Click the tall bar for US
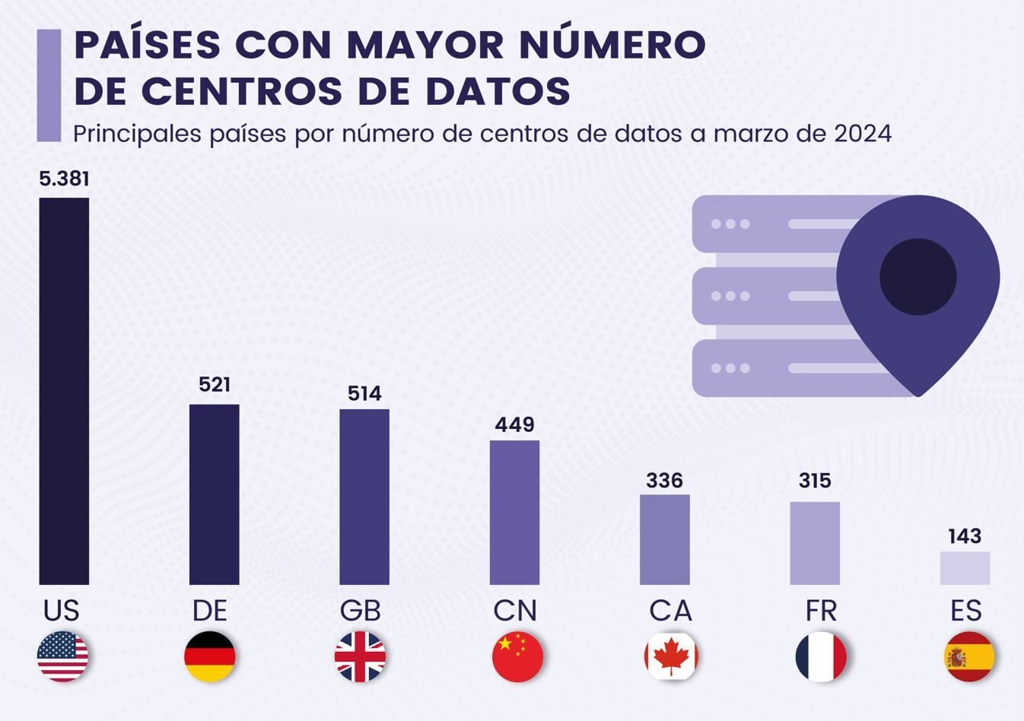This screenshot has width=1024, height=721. pos(64,391)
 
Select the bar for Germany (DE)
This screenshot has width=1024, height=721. pos(214,494)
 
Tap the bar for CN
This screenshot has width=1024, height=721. pos(514,512)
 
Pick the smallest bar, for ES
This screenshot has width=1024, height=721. pos(965,568)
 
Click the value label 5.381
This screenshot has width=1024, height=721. pos(64,179)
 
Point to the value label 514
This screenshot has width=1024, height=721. pos(364,393)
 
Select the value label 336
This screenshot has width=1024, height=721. pos(664,481)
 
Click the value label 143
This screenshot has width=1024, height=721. pos(965,536)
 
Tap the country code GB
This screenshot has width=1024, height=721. pos(360,610)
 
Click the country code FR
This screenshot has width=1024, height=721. pos(821,610)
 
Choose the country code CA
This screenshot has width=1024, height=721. pos(670,610)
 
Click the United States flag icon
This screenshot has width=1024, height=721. pos(62,656)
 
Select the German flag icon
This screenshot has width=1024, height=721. pos(210,656)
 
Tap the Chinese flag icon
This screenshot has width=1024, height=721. pos(517,656)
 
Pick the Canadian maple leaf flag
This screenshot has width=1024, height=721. pos(671,656)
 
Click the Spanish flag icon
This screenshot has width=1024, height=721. pos(969,656)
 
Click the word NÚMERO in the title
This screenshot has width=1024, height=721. pos(612,45)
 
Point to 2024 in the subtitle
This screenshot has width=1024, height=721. pos(863,134)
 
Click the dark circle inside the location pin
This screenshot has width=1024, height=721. pos(917,276)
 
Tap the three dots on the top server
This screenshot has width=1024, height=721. pos(730,224)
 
